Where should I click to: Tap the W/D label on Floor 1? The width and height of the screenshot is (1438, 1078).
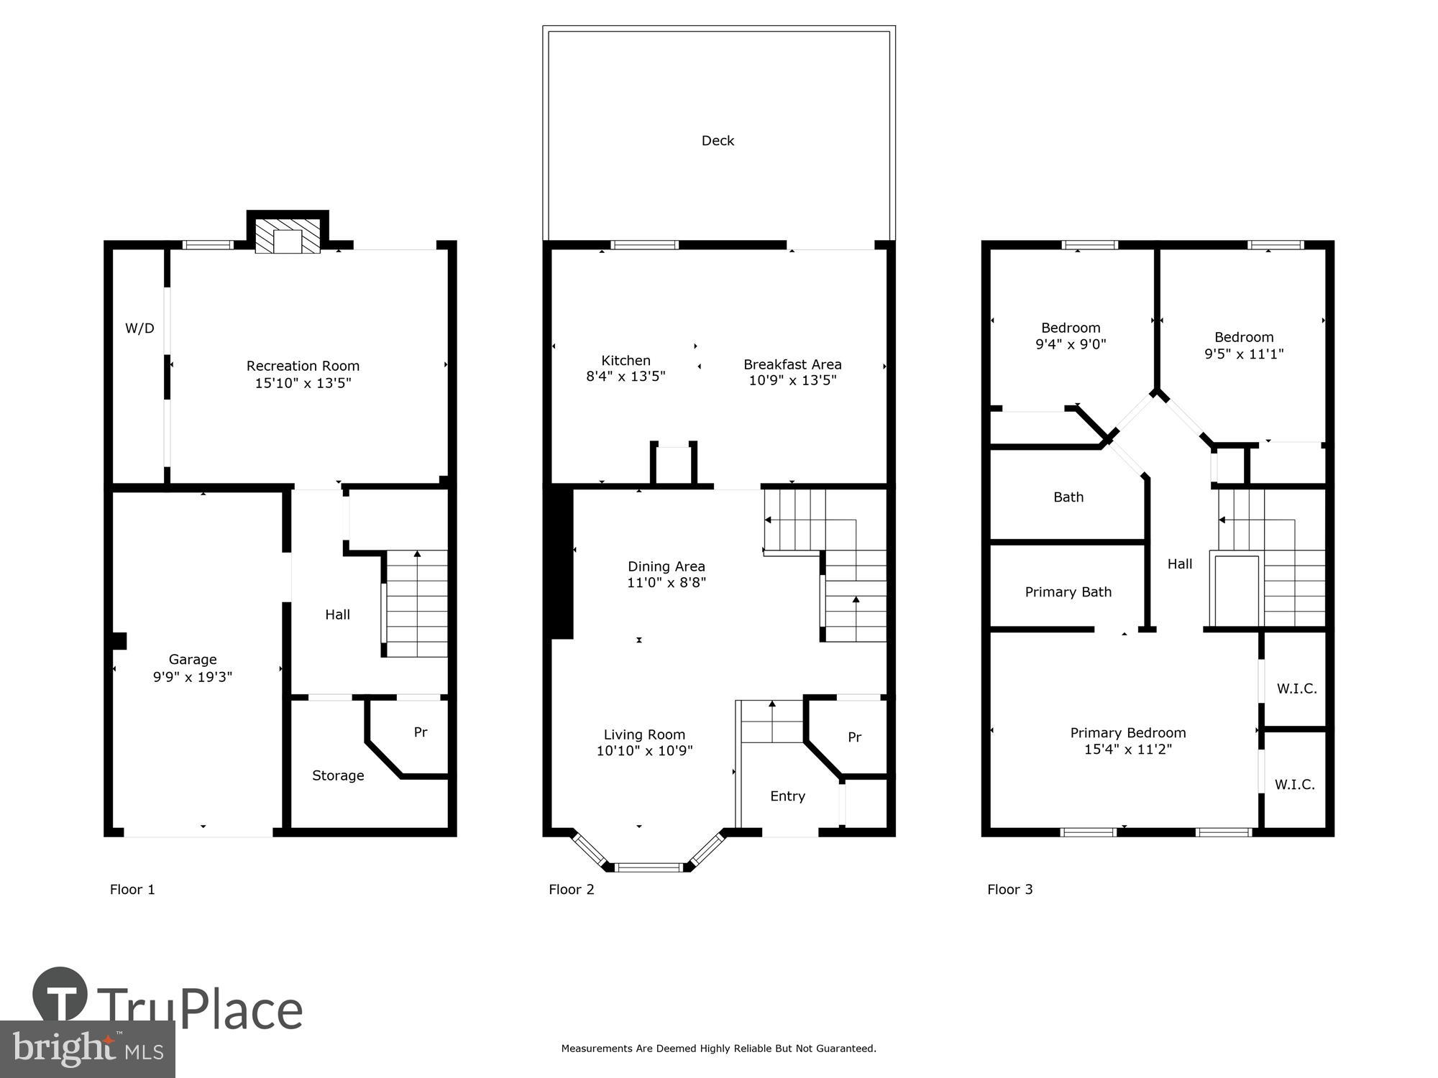click(139, 328)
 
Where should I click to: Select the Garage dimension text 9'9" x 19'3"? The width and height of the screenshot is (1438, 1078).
click(193, 677)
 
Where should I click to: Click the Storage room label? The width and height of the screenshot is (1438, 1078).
click(338, 775)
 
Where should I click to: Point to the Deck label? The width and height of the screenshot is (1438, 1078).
click(718, 141)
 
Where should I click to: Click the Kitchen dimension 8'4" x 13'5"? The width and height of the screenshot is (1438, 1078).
click(626, 377)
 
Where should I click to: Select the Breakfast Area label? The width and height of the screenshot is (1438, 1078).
click(792, 364)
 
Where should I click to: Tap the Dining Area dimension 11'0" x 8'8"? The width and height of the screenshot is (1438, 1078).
click(667, 583)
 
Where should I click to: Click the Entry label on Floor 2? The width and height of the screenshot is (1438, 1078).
click(787, 796)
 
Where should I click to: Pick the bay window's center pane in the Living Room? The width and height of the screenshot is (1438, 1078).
click(650, 867)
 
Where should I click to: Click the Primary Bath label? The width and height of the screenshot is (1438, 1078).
click(1068, 592)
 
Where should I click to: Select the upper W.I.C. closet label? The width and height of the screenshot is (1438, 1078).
click(1296, 688)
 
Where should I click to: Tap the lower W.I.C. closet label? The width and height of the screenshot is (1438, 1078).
click(1295, 785)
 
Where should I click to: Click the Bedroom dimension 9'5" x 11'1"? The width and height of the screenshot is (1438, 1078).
click(1244, 354)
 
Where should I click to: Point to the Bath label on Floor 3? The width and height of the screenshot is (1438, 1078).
click(1068, 497)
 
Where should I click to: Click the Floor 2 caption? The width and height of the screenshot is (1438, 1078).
click(572, 890)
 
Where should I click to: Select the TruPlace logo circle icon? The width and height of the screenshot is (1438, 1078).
click(60, 995)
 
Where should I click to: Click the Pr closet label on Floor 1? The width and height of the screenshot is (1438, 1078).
click(421, 732)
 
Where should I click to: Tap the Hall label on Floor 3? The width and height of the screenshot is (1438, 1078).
click(1180, 564)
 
